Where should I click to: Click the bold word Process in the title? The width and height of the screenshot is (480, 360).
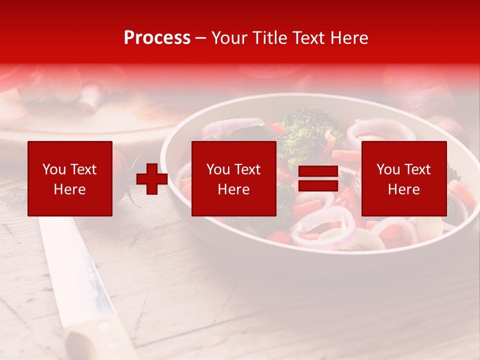(157, 38)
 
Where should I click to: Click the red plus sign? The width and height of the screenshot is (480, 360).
(152, 178)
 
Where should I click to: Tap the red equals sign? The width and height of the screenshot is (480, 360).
(318, 178)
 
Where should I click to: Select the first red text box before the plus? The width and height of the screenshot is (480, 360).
(70, 178)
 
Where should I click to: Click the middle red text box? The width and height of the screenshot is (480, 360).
(233, 178)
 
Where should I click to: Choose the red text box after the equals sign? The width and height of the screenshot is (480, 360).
(403, 178)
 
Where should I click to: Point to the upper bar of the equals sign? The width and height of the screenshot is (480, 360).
(318, 171)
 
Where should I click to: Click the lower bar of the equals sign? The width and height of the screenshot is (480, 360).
(318, 185)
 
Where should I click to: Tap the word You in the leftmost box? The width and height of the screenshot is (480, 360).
(53, 169)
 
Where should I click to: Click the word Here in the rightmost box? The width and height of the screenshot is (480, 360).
(403, 189)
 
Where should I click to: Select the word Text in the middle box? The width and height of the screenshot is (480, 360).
(247, 169)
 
